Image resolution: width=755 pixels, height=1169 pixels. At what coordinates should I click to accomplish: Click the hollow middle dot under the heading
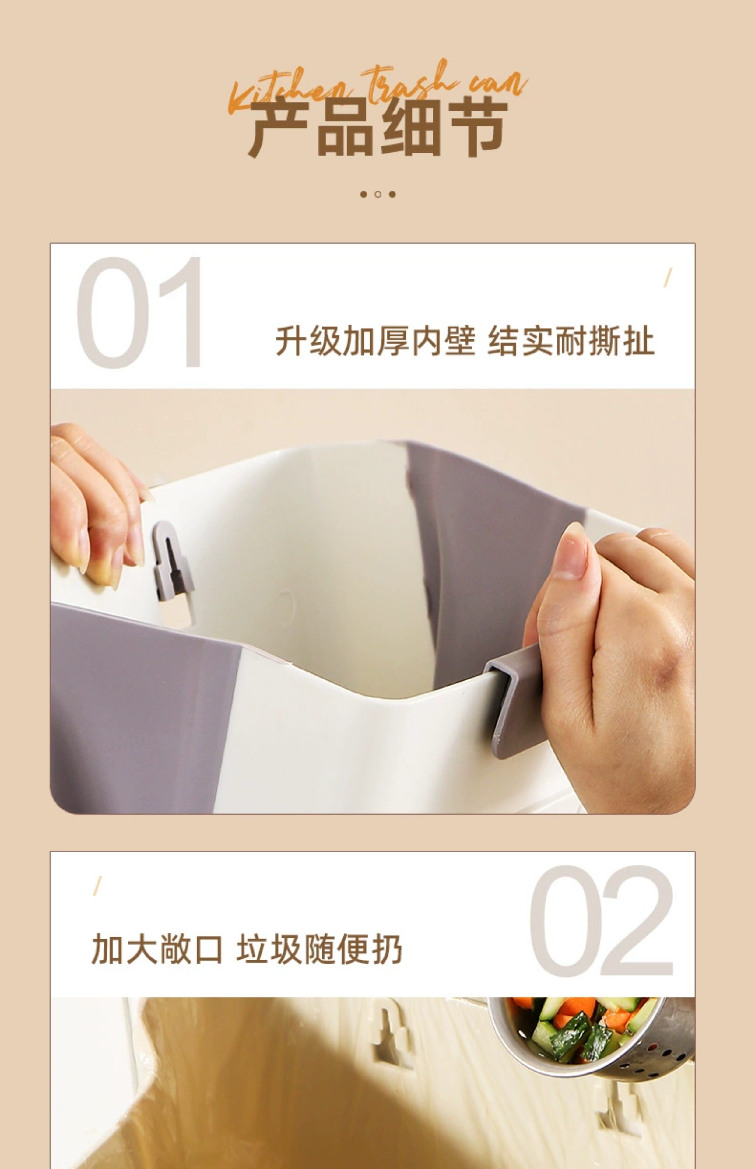point(377,194)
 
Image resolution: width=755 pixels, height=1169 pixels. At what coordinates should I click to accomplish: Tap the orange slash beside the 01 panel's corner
point(668,277)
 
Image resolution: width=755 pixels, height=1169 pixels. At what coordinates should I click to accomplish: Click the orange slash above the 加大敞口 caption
point(97,885)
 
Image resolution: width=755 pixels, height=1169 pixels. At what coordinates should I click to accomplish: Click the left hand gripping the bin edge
point(96,505)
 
